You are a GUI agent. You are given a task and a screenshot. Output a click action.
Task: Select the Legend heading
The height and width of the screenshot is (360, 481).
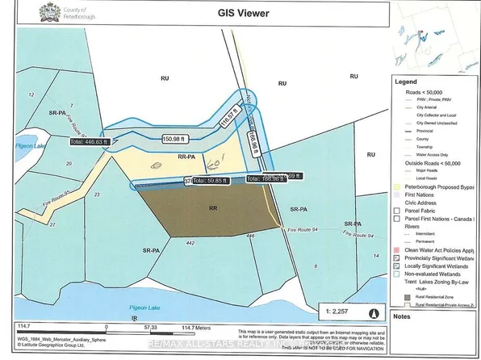(x=405, y=82)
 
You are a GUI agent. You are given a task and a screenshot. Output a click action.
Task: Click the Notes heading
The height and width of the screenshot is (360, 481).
(x=401, y=317)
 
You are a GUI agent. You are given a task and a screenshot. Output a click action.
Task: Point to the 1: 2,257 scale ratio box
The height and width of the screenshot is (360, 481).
(x=418, y=310)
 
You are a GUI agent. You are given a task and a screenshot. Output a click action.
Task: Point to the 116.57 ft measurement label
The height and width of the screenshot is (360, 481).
(x=227, y=119)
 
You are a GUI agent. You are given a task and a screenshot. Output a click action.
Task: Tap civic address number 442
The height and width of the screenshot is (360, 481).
(x=191, y=244)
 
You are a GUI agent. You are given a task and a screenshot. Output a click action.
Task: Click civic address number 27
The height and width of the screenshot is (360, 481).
(x=53, y=224)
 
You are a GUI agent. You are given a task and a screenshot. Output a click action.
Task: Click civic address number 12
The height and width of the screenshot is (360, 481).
(x=31, y=96)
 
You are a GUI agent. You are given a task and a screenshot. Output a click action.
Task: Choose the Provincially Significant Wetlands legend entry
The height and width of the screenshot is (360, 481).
(x=438, y=257)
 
